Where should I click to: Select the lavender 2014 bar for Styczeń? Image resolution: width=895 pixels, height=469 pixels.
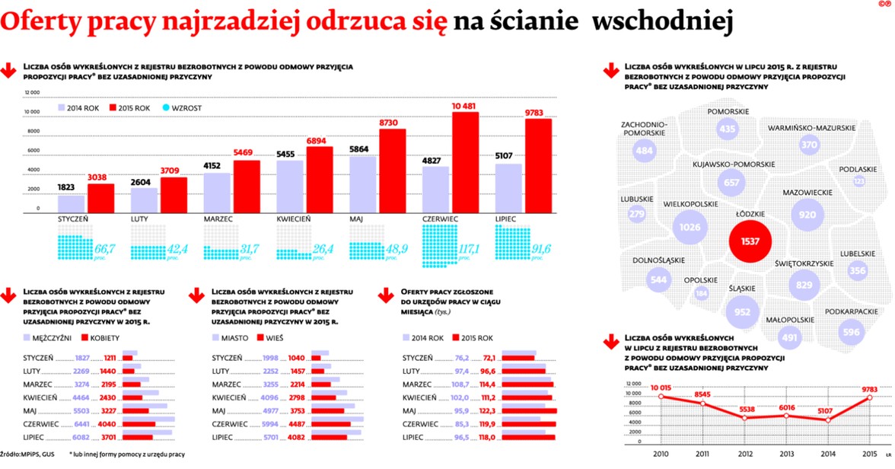[71, 204]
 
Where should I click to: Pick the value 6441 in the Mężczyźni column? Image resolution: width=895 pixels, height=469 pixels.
[82, 423]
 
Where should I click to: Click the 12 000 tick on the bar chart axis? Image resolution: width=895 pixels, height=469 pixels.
[32, 93]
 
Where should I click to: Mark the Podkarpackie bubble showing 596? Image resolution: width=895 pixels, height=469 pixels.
[852, 332]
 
